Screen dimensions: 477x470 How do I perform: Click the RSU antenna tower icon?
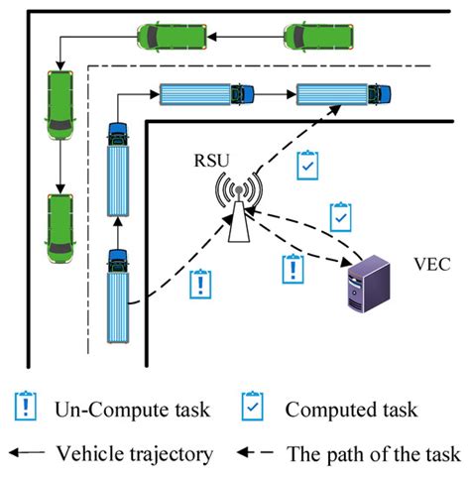tap(236, 210)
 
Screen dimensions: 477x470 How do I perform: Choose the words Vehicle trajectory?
tap(135, 454)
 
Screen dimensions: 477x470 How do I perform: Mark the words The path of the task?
tap(373, 454)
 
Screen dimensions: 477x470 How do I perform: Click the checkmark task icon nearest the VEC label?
tap(340, 214)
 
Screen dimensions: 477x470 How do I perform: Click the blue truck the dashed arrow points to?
tap(337, 95)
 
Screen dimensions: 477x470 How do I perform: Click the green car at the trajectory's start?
tap(315, 38)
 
